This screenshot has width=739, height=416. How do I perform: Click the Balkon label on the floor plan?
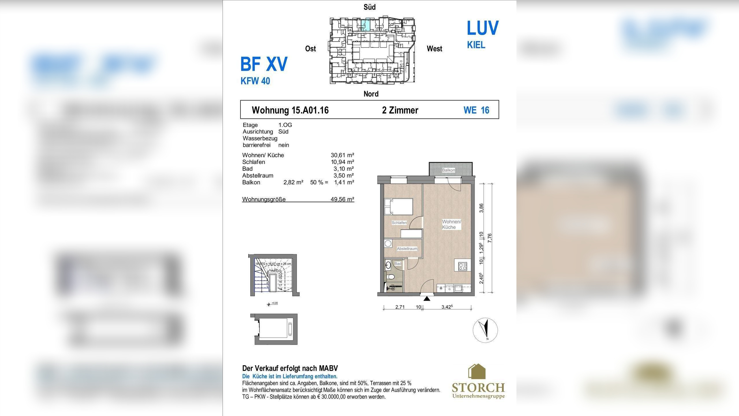(448, 170)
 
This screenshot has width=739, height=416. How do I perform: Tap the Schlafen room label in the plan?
(399, 222)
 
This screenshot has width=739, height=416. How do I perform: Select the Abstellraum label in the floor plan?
(407, 248)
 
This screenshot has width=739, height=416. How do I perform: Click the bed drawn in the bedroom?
(398, 206)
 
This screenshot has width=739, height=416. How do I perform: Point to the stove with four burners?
(462, 266)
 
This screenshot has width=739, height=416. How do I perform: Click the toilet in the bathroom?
(391, 277)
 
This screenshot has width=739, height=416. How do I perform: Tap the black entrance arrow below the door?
(427, 298)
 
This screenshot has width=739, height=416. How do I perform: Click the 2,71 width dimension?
(400, 307)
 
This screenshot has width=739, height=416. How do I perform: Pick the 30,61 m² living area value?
(342, 155)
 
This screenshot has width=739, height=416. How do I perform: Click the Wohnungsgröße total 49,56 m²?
(342, 199)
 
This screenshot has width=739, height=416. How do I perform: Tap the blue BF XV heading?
(264, 64)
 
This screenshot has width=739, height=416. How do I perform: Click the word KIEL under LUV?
(476, 45)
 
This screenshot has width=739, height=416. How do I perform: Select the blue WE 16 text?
(476, 110)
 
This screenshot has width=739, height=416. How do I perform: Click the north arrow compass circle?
(485, 330)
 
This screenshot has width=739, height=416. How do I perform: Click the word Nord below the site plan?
(371, 94)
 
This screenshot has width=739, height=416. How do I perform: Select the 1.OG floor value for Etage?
(285, 125)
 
